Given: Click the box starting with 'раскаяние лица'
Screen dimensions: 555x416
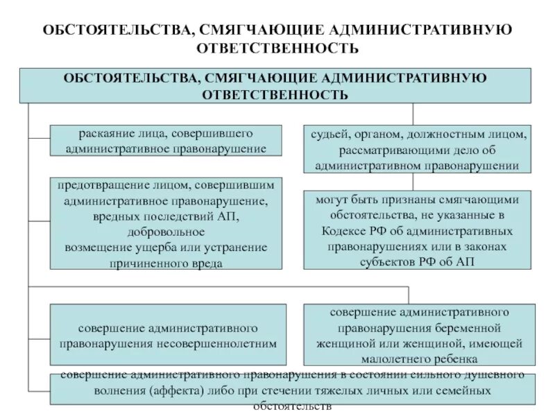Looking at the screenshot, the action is point(166,140).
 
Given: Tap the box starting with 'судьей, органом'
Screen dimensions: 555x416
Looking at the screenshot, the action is point(417,148).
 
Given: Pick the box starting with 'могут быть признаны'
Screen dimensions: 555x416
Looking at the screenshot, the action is point(417,230).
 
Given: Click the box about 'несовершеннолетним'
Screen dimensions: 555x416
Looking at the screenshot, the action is point(168,335).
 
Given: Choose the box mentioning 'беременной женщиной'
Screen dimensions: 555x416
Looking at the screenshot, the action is point(418,335).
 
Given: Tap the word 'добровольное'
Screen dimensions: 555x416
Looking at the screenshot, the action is point(166,232).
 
